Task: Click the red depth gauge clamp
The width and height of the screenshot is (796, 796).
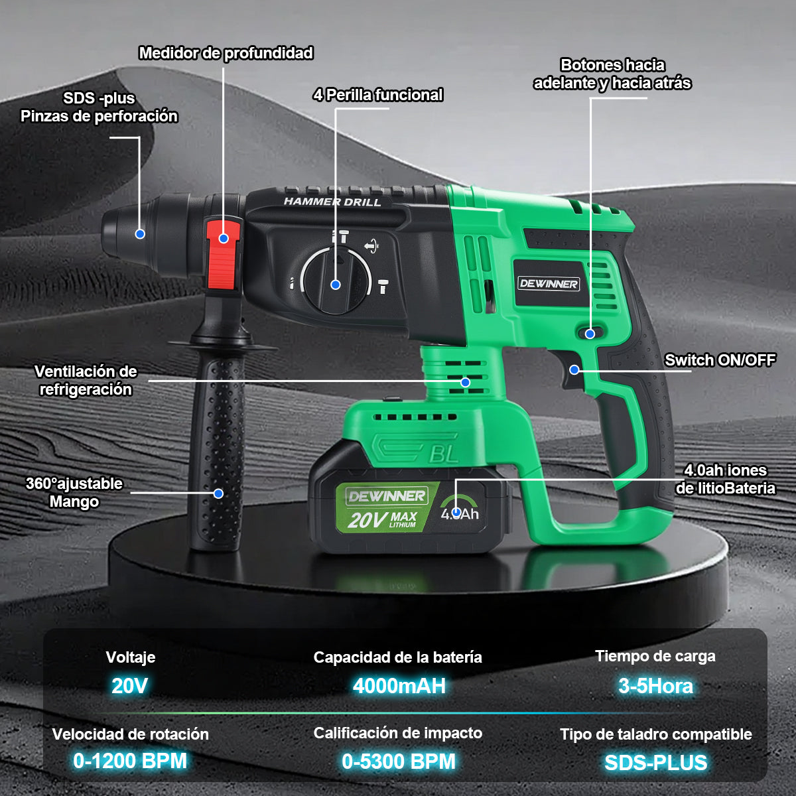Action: tap(223, 255)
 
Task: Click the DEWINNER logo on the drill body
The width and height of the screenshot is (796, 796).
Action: tap(549, 284)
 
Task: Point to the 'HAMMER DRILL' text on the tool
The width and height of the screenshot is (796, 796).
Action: tap(332, 202)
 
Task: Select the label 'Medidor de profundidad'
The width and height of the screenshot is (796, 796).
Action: tap(226, 53)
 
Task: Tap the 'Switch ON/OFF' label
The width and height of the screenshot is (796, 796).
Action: tap(720, 360)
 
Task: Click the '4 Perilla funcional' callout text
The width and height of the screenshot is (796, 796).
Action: tap(377, 95)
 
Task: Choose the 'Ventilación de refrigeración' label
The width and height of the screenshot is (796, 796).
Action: tap(86, 380)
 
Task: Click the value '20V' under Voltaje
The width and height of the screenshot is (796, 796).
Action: tap(130, 685)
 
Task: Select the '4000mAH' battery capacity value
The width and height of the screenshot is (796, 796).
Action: tap(399, 685)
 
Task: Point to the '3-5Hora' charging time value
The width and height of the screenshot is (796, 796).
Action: tap(655, 685)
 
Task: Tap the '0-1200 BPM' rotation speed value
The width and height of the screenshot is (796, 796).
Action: tap(130, 761)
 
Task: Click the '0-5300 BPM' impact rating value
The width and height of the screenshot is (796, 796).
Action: tap(399, 762)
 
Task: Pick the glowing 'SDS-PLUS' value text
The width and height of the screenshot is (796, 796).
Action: tap(655, 763)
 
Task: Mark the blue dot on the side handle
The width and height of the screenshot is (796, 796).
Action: tap(218, 493)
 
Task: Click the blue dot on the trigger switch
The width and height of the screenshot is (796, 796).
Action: tap(574, 369)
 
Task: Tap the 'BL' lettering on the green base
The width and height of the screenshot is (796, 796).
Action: tap(444, 454)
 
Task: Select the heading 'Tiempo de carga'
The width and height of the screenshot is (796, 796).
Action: tap(655, 656)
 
